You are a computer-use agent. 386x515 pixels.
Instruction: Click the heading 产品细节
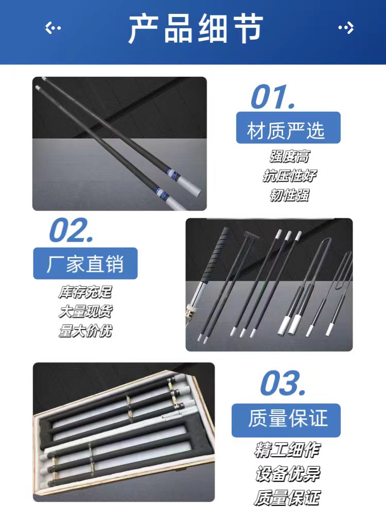(x=196, y=28)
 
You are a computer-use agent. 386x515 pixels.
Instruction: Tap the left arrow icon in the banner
(x=52, y=28)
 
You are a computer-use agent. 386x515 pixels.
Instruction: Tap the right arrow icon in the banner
(x=346, y=28)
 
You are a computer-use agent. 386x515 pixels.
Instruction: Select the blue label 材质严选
(x=288, y=128)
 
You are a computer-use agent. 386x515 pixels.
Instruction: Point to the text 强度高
(x=289, y=157)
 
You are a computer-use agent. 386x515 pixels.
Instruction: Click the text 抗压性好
(x=289, y=176)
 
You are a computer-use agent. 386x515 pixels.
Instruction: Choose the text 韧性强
(x=289, y=195)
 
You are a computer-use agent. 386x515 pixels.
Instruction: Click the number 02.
(x=71, y=230)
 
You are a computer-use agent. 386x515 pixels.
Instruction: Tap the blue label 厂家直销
(x=85, y=263)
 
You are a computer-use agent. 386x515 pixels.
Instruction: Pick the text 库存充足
(x=85, y=292)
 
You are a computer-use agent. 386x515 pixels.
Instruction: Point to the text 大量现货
(x=85, y=312)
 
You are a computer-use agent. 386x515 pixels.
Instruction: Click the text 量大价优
(x=85, y=331)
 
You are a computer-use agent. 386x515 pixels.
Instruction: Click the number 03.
(x=283, y=383)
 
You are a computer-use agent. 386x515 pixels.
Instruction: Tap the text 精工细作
(x=287, y=450)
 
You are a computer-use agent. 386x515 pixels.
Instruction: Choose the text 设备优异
(x=287, y=474)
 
